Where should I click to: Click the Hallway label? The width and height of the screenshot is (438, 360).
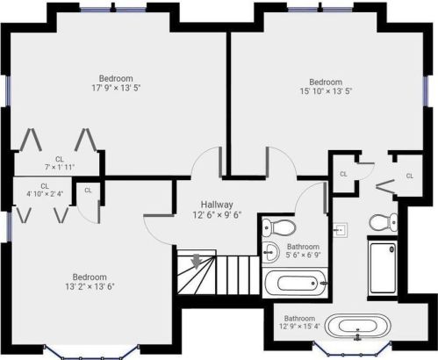pos(217,205)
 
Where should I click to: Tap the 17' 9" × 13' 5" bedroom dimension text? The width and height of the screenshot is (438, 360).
pos(116,88)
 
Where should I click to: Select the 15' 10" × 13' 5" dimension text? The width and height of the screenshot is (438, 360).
pos(326,91)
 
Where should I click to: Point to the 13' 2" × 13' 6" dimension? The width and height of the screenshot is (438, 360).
pos(90,286)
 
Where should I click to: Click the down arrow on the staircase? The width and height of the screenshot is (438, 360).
pos(197,261)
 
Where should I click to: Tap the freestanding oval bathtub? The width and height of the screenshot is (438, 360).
pos(358,326)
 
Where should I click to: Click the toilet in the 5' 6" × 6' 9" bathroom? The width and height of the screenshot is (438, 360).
pos(279,227)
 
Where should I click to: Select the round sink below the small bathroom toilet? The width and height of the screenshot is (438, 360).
pos(269,252)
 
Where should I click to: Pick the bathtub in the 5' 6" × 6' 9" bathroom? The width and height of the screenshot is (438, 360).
pos(295,283)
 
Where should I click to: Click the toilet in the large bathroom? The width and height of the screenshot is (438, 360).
pos(384,222)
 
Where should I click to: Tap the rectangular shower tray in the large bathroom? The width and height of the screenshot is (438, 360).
pos(383,268)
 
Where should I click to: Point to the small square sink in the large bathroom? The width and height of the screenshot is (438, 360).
pos(340,230)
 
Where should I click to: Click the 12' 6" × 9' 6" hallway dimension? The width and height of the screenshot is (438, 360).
pos(217,215)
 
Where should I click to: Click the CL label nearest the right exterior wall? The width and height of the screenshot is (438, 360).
pos(410,176)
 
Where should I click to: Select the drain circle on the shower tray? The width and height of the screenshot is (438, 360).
pos(391,249)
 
